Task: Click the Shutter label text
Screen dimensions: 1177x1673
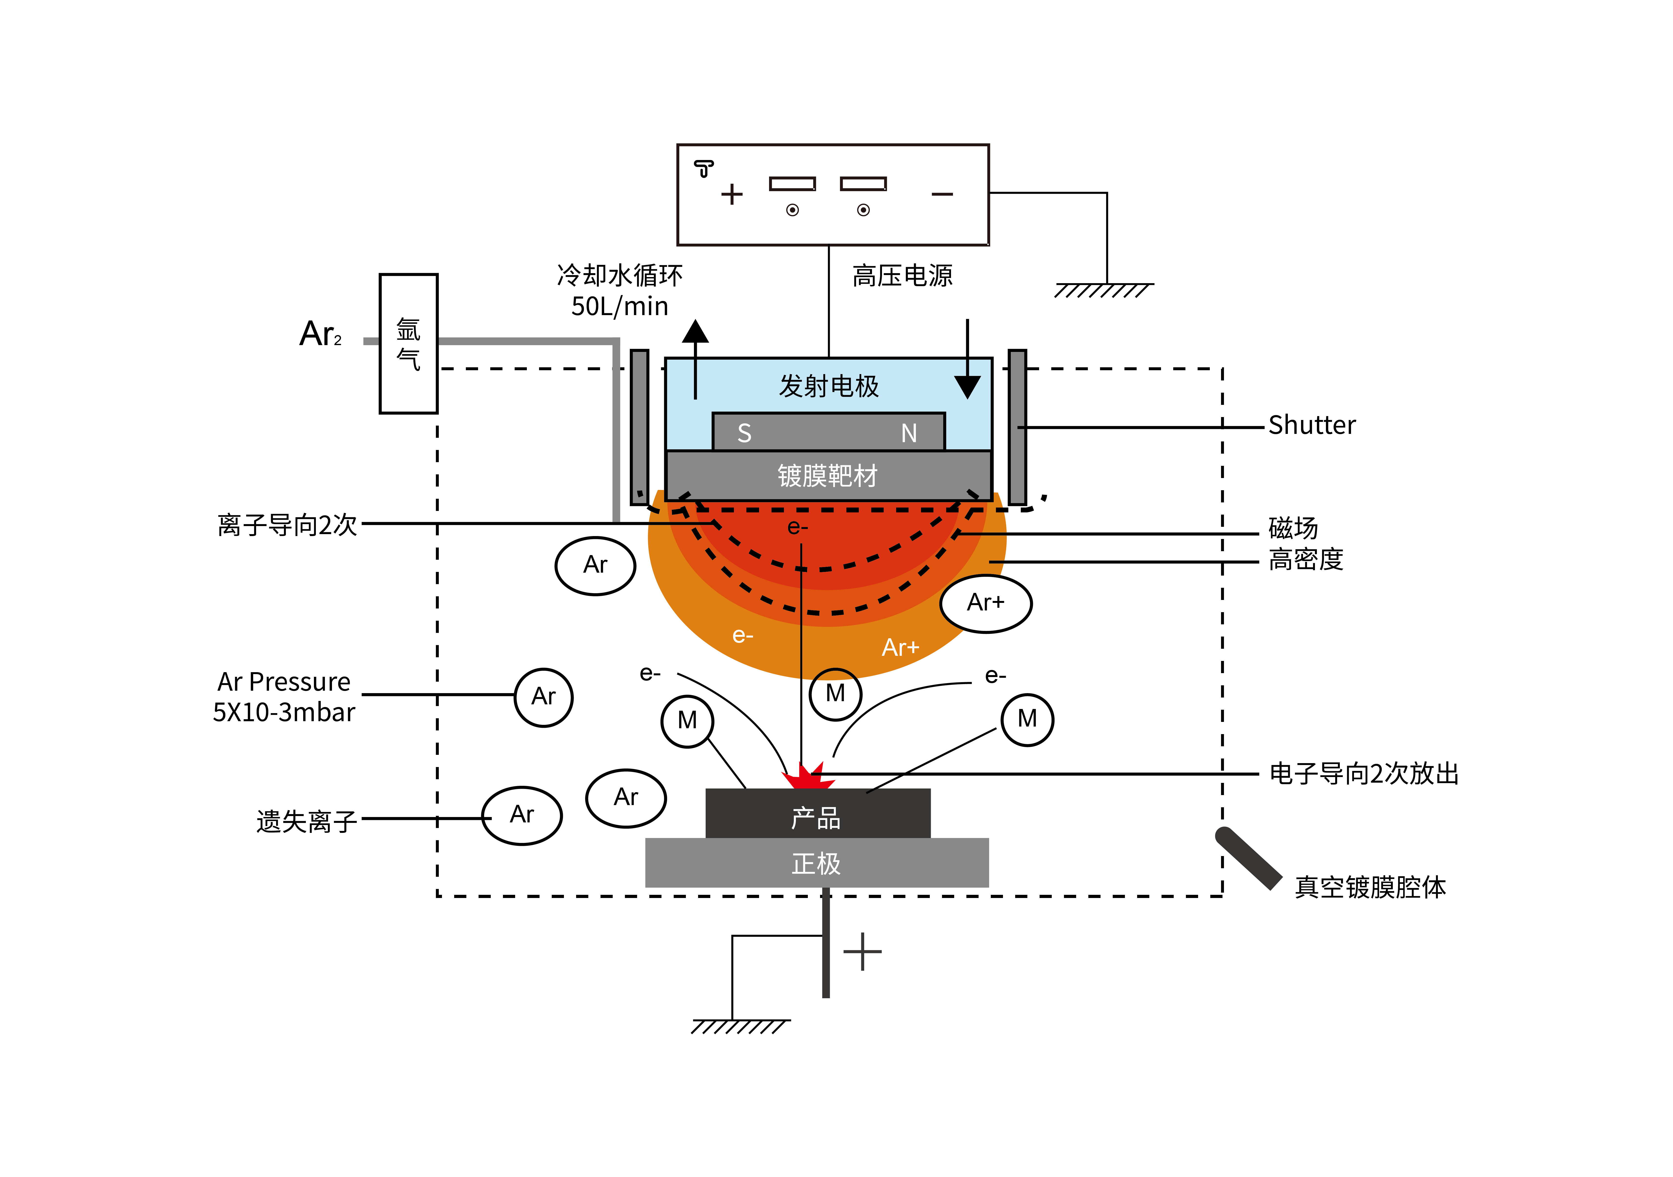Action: coord(1312,425)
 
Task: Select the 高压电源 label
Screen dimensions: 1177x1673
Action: coord(902,276)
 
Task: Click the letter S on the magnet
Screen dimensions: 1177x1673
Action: coord(744,433)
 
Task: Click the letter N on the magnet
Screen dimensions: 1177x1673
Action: coord(909,433)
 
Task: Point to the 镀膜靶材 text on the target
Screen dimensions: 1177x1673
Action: coord(828,476)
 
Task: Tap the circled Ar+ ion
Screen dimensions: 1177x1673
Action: coord(986,603)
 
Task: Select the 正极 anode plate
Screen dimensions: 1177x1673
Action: coord(817,864)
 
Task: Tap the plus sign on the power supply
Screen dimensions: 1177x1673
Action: coord(731,195)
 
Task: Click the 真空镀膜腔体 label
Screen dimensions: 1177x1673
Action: coord(1370,887)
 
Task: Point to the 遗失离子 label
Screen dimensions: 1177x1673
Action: coord(307,821)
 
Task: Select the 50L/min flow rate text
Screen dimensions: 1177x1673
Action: coord(619,306)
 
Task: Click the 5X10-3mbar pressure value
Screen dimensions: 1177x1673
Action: coord(283,712)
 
